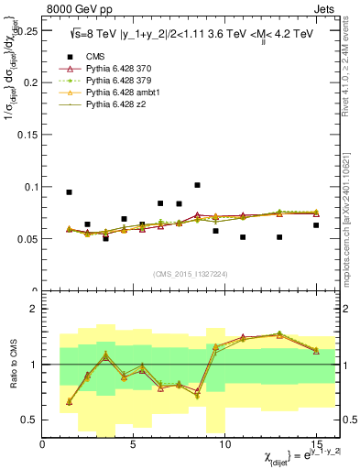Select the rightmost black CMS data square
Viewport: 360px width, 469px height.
point(316,225)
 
